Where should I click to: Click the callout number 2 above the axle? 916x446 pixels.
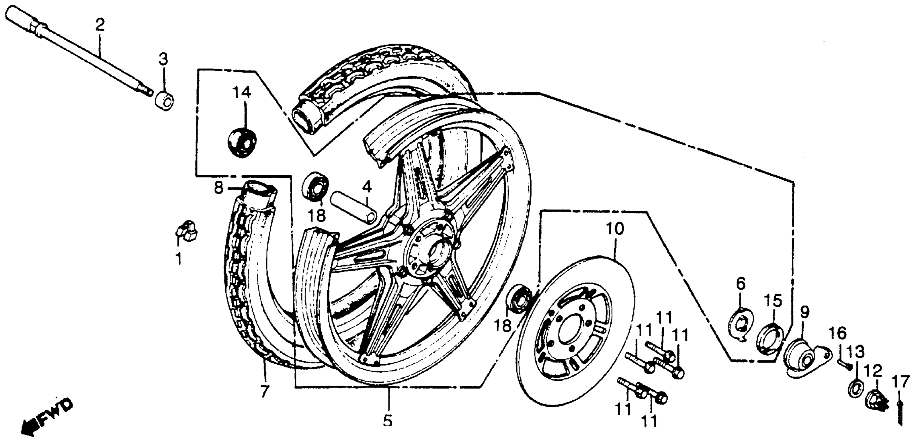[100, 25]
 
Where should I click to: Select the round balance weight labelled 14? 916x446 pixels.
[242, 142]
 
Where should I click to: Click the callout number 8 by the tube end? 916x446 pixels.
[219, 187]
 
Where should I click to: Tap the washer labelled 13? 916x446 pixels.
[854, 388]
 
